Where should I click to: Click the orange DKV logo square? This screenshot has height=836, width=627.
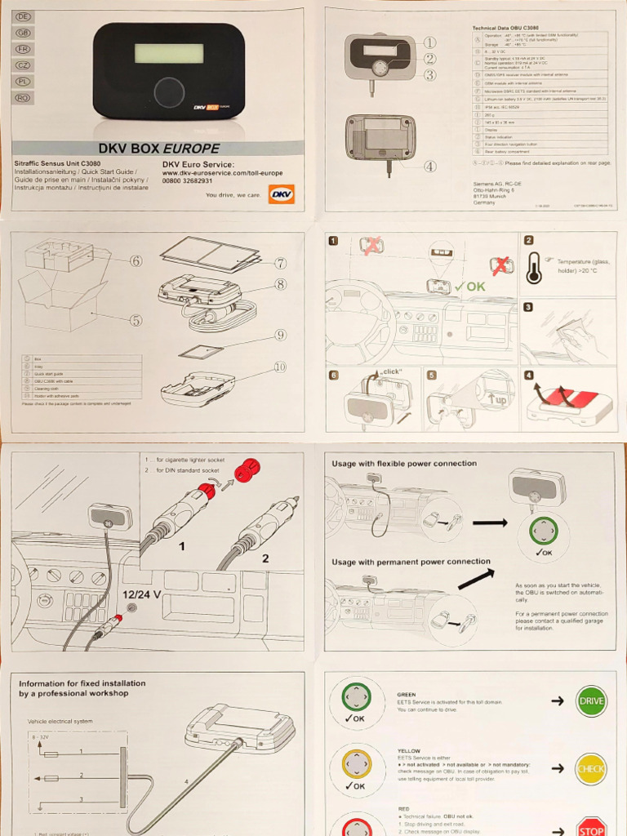click(281, 194)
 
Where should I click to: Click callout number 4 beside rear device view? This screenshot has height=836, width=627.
click(429, 167)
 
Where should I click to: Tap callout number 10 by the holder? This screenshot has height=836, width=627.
click(280, 367)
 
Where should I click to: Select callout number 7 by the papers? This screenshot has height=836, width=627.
click(280, 263)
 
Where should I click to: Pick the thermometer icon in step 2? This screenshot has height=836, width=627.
click(534, 268)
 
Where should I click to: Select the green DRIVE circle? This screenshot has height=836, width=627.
click(591, 700)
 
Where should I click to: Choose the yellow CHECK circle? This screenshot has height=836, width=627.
click(591, 768)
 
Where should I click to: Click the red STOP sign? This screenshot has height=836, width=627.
click(591, 826)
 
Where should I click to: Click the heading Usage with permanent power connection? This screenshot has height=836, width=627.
click(411, 562)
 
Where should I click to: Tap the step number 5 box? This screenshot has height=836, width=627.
click(431, 375)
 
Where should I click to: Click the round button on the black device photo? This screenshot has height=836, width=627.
click(169, 89)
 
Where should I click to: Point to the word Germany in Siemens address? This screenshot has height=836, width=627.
click(484, 202)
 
